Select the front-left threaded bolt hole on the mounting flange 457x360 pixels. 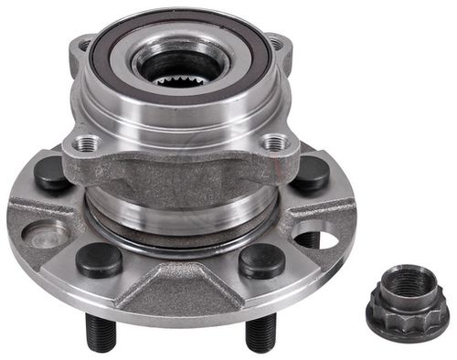coord(88,143)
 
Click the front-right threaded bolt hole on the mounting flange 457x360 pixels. coord(272,143)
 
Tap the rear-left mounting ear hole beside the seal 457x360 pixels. coord(85,44)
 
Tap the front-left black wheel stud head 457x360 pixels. coord(99,259)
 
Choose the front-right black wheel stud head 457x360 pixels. coord(261,260)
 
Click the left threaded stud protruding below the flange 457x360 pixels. coord(101,334)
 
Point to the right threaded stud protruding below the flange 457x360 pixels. coord(259,334)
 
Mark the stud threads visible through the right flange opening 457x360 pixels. coord(311,239)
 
